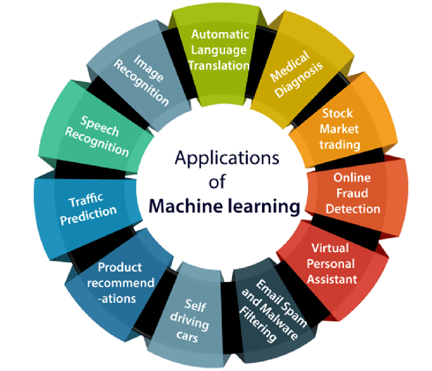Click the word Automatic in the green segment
(220, 34)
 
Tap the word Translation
(219, 66)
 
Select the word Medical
(290, 66)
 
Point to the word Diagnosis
(299, 80)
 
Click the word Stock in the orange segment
(337, 113)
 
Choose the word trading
(340, 145)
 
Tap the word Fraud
(352, 193)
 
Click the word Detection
(353, 209)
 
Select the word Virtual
(330, 248)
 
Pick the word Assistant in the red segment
(332, 279)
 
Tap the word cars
(187, 336)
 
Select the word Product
(120, 267)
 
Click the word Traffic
(86, 200)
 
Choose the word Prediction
(89, 215)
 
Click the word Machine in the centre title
(186, 206)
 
